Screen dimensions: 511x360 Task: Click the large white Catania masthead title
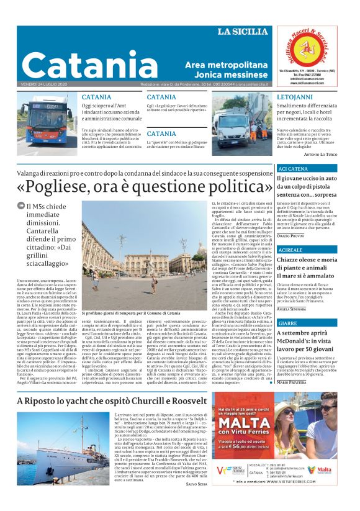coord(89,65)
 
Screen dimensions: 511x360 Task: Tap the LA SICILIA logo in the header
coord(244,31)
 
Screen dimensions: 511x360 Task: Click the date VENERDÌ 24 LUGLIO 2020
coord(45,84)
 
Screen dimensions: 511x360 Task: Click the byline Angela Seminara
coord(292,309)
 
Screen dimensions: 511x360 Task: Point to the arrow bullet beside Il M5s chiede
coord(21,206)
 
